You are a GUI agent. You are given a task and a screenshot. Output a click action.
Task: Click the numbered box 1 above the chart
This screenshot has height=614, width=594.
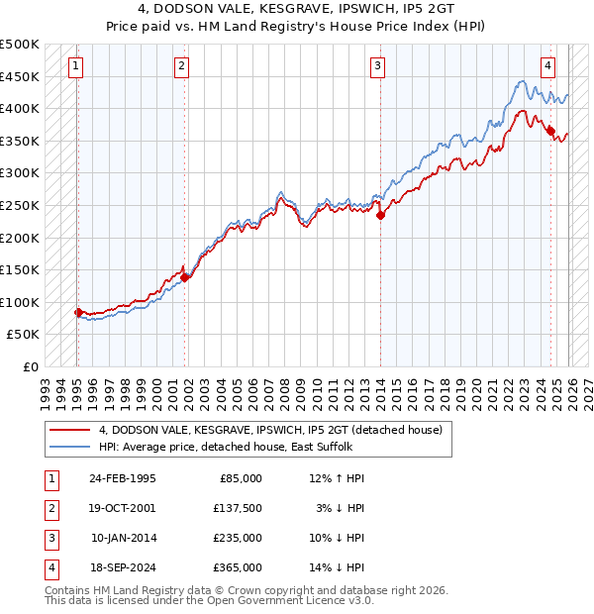[76, 66]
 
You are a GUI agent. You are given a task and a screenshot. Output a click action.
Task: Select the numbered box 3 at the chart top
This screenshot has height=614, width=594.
[377, 66]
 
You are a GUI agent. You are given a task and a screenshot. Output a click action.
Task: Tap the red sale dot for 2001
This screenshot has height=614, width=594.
[185, 277]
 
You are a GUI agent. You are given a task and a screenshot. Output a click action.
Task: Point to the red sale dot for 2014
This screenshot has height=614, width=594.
[380, 215]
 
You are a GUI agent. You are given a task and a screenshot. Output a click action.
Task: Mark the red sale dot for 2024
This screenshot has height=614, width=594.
[550, 131]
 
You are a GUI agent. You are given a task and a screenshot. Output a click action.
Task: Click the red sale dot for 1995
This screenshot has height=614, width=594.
[78, 312]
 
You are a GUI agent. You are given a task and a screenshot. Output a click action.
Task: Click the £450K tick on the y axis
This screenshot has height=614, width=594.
[20, 76]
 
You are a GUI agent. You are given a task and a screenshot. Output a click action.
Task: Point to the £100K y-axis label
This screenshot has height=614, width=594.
[20, 302]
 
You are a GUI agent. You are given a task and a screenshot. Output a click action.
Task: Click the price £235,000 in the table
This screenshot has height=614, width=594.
[239, 538]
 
